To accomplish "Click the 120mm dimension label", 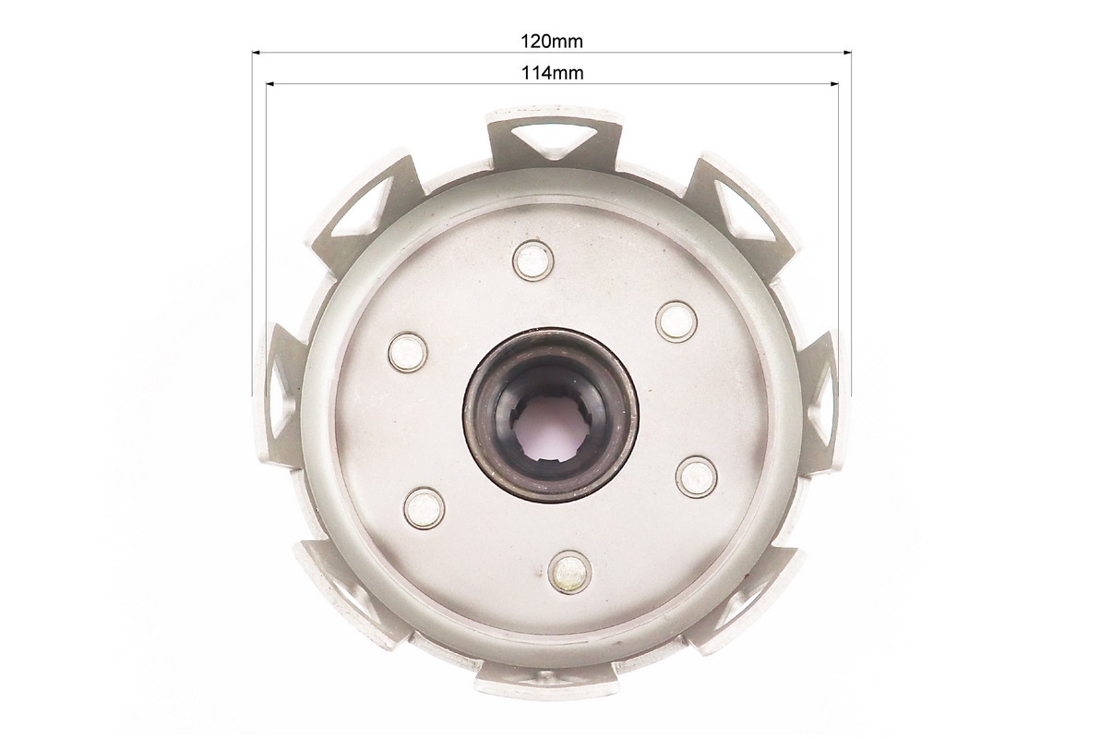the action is [x=551, y=42].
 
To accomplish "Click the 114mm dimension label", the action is [x=552, y=72].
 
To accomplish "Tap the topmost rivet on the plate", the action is [x=533, y=260].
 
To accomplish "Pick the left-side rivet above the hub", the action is [x=409, y=352].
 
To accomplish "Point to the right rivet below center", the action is [x=696, y=477].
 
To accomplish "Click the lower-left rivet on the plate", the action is [x=425, y=507].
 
